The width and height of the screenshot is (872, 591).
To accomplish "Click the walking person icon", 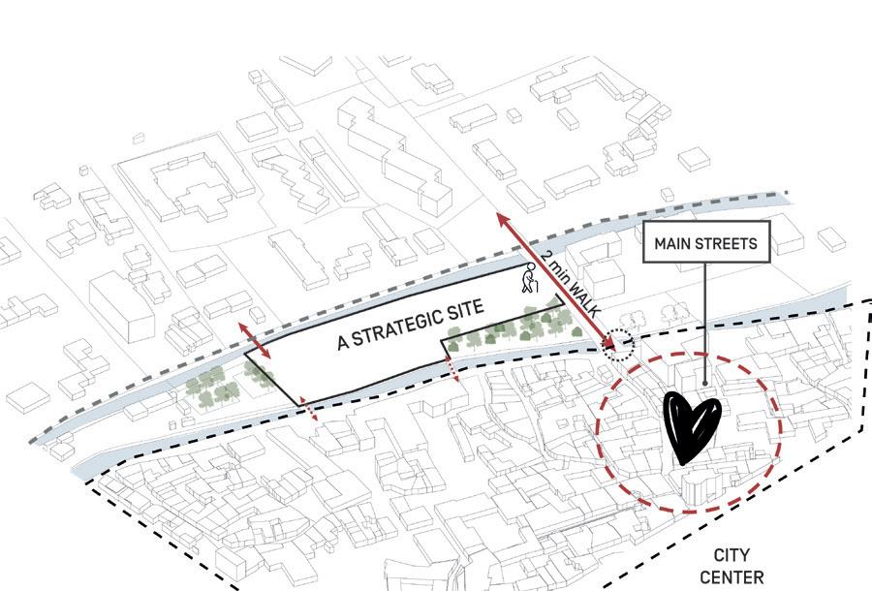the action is click(529, 280).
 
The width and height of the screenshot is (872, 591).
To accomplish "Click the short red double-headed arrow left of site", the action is click(257, 344).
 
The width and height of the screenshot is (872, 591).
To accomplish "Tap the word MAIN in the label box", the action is click(675, 243).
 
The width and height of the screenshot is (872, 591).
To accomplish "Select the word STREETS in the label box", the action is click(727, 243).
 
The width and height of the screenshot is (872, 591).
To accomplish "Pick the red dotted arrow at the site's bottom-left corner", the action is click(308, 411).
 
